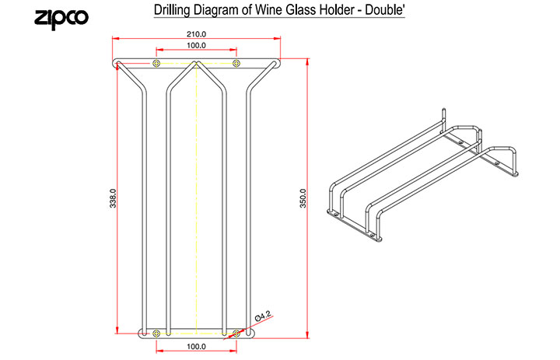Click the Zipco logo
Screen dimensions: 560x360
pos(61,19)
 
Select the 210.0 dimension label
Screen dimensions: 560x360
pos(197,34)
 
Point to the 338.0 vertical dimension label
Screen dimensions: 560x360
pos(113,198)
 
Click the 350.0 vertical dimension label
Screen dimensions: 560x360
pos(303,198)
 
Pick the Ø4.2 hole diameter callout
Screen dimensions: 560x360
pos(264,316)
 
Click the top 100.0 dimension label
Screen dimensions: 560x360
pos(197,45)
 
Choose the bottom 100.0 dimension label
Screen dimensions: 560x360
pos(197,347)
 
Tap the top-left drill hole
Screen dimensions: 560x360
pos(156,64)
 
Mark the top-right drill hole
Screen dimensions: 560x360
pos(236,64)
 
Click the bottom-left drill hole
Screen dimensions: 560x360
pos(156,334)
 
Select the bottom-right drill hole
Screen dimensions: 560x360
pos(236,334)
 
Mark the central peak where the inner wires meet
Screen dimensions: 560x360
pos(196,62)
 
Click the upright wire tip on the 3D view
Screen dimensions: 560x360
pos(443,110)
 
